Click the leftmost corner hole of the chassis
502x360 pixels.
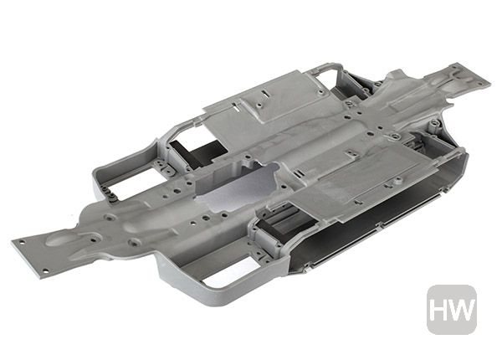point(22,242)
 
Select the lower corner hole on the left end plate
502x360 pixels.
point(45,271)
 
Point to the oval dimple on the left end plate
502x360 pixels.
point(59,239)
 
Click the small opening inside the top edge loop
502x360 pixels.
point(323,78)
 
